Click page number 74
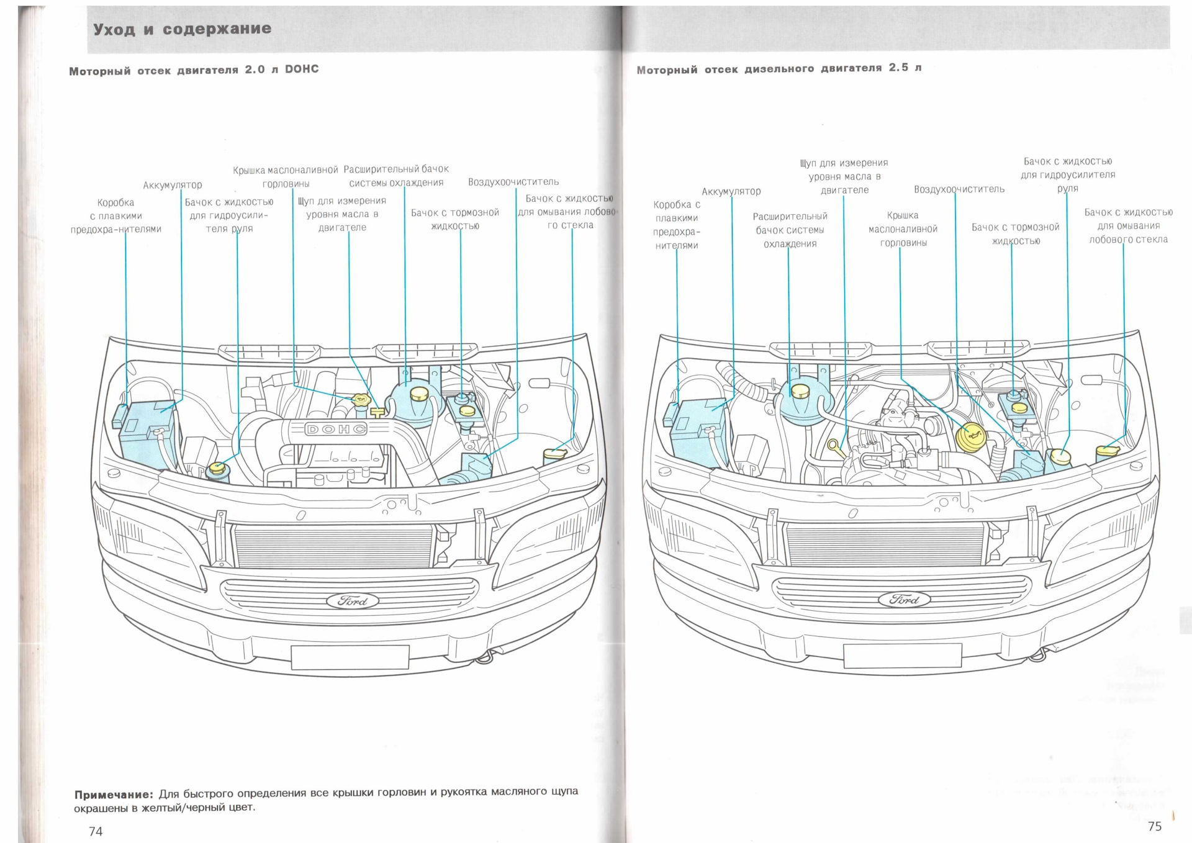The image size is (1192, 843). point(96,831)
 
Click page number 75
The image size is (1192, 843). point(1155,826)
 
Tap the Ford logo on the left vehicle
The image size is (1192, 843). point(353,600)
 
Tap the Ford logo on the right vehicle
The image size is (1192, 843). point(904,599)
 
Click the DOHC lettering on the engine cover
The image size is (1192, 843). point(336,429)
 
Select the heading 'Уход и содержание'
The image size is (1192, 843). point(182,29)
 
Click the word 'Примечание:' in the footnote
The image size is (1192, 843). point(113,795)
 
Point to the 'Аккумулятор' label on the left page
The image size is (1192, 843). point(173,185)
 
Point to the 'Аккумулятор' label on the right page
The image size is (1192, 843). point(731,191)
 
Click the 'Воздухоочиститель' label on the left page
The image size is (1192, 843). point(513,182)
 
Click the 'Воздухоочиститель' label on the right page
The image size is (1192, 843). point(959,189)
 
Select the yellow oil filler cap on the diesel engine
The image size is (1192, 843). point(972,438)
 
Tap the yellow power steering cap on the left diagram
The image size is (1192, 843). point(217,468)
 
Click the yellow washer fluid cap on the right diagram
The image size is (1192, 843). point(1107,449)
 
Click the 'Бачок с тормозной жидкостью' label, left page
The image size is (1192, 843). point(455,219)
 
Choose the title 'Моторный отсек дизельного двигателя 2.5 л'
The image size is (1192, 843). point(779,68)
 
